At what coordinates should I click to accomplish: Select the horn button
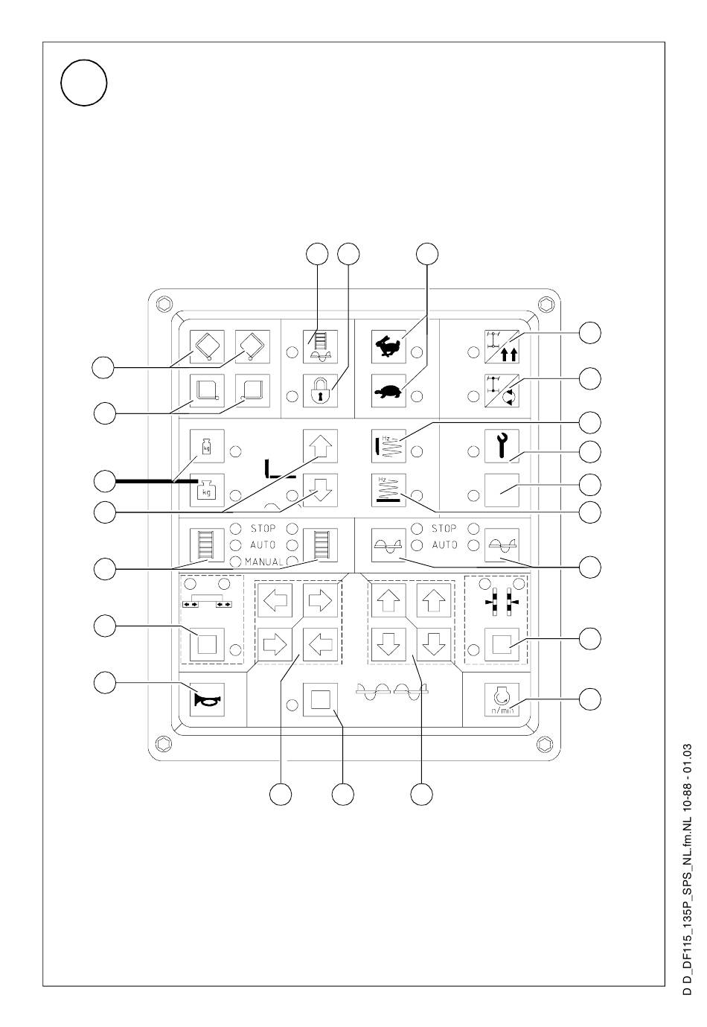tap(206, 699)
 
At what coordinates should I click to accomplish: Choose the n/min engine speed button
tap(501, 699)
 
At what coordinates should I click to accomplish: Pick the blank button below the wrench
tap(502, 489)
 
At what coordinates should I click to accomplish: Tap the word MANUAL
tap(263, 562)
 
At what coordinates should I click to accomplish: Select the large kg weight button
tap(207, 489)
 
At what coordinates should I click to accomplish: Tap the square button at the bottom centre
tap(321, 699)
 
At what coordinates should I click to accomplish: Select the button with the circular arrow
tap(502, 389)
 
